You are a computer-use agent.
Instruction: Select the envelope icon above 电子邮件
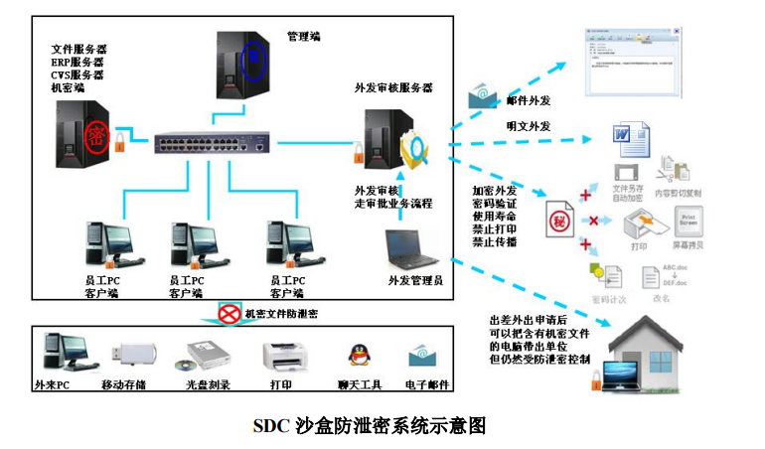point(425,355)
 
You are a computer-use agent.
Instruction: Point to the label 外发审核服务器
point(393,87)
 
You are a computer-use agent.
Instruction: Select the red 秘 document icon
point(558,218)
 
